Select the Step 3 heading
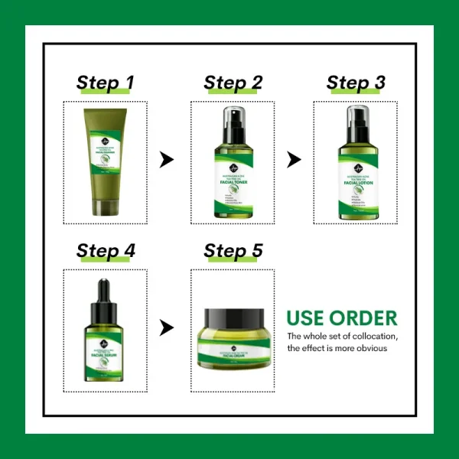[356, 83]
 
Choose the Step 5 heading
[233, 250]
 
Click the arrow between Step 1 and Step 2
[166, 160]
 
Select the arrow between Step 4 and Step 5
[166, 328]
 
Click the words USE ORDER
[341, 317]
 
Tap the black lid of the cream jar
[233, 315]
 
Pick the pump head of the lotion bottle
[356, 116]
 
